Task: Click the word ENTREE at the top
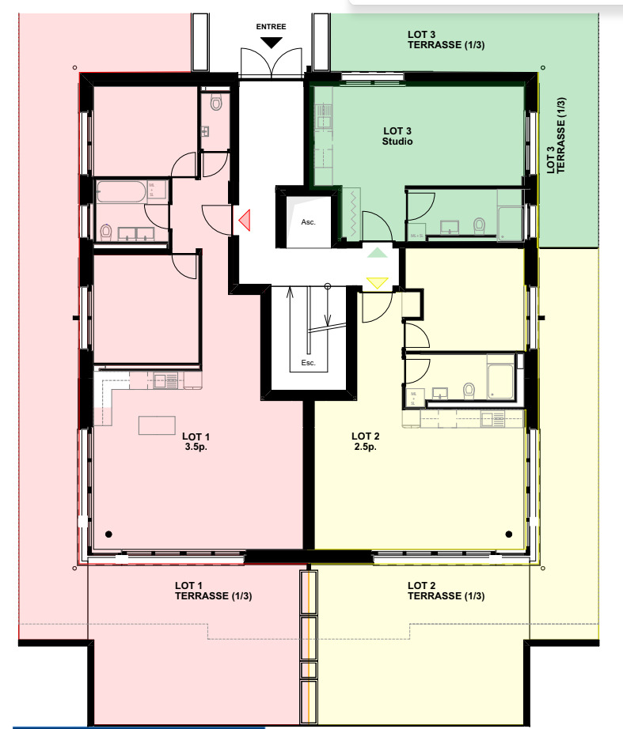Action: click(x=271, y=26)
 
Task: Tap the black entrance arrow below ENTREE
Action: click(x=271, y=43)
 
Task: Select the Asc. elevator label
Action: click(x=308, y=222)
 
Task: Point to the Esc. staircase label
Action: click(x=308, y=363)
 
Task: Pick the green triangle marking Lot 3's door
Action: click(x=378, y=252)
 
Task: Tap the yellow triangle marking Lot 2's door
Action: click(x=377, y=282)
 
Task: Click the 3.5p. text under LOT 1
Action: click(x=196, y=446)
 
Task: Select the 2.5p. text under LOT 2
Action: click(x=365, y=446)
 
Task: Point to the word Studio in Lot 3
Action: click(x=397, y=142)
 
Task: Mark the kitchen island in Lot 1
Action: click(x=157, y=425)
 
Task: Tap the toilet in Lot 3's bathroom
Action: click(x=478, y=226)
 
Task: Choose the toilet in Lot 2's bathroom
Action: click(x=469, y=390)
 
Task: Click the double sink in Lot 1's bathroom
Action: click(x=136, y=233)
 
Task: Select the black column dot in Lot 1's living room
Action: click(x=108, y=533)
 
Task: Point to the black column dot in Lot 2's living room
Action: click(x=508, y=533)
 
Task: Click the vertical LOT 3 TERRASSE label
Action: click(x=556, y=135)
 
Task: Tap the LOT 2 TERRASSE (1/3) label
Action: click(x=446, y=591)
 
